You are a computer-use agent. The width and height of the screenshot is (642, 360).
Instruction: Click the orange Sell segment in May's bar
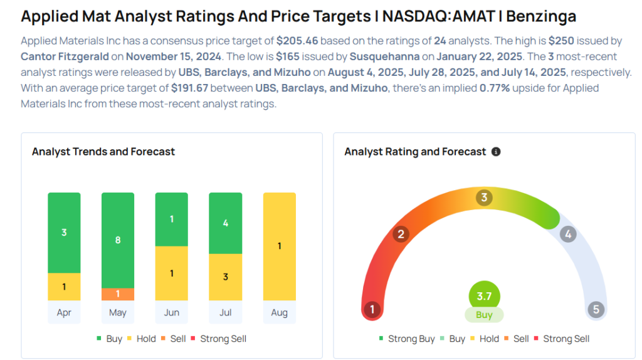click(x=118, y=294)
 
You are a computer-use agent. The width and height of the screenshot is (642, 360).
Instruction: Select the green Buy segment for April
click(x=64, y=233)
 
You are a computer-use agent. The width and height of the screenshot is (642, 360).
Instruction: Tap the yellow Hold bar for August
click(x=279, y=246)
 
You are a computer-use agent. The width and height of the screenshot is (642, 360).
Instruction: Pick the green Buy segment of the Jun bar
click(x=172, y=219)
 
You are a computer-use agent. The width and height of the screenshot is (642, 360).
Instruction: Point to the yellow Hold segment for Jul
click(x=225, y=277)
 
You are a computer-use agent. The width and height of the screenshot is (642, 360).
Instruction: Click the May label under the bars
click(x=118, y=312)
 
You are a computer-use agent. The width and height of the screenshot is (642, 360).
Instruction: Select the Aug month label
click(x=279, y=312)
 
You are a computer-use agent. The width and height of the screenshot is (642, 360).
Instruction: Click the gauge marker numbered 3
click(x=483, y=198)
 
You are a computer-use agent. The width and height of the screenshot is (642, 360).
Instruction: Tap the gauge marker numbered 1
click(x=372, y=309)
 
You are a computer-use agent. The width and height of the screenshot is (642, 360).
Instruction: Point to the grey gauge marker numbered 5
click(x=596, y=309)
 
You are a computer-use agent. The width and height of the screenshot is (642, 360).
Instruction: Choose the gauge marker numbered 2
click(x=401, y=235)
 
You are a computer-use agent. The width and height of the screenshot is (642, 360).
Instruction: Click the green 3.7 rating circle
click(x=484, y=296)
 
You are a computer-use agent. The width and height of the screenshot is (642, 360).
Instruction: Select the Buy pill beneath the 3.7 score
click(x=484, y=315)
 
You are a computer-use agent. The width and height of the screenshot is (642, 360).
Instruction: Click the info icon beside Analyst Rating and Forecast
click(x=496, y=152)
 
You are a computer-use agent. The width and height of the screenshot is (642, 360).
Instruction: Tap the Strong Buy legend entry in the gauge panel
click(x=407, y=339)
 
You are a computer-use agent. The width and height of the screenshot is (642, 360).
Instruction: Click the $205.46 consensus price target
click(x=297, y=41)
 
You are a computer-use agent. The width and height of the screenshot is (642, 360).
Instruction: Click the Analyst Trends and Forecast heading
click(x=103, y=152)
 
